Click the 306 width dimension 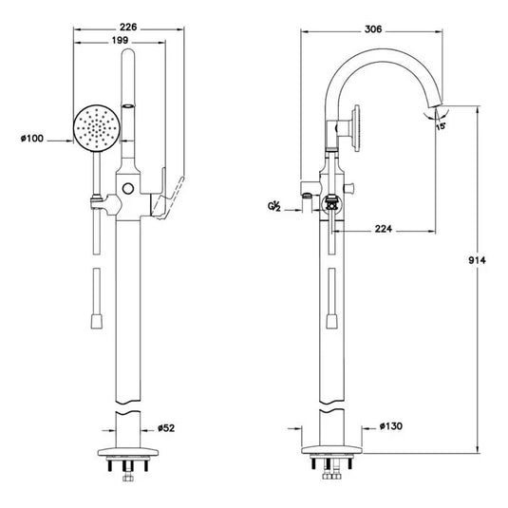[372, 29]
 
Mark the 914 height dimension [485, 264]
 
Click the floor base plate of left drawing [129, 452]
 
